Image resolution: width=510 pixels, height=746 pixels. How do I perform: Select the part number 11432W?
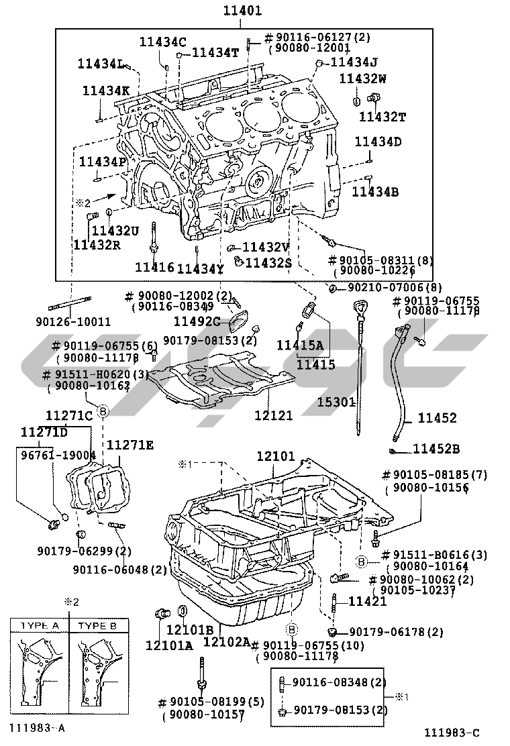pyautogui.click(x=362, y=78)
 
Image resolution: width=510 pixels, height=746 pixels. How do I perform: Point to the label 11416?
pyautogui.click(x=154, y=267)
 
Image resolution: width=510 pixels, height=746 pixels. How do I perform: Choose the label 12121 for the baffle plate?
pyautogui.click(x=273, y=415)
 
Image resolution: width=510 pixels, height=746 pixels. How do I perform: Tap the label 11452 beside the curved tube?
pyautogui.click(x=438, y=418)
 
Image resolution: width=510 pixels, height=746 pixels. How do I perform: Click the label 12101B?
pyautogui.click(x=190, y=629)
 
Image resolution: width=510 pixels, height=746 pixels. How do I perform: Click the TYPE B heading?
pyautogui.click(x=97, y=625)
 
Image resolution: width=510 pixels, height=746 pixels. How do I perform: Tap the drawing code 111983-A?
pyautogui.click(x=38, y=727)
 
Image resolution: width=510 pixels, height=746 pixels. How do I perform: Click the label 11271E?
pyautogui.click(x=130, y=445)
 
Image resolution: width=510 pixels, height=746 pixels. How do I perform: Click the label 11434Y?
pyautogui.click(x=200, y=269)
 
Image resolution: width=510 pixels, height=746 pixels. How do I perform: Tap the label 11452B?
pyautogui.click(x=436, y=449)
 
